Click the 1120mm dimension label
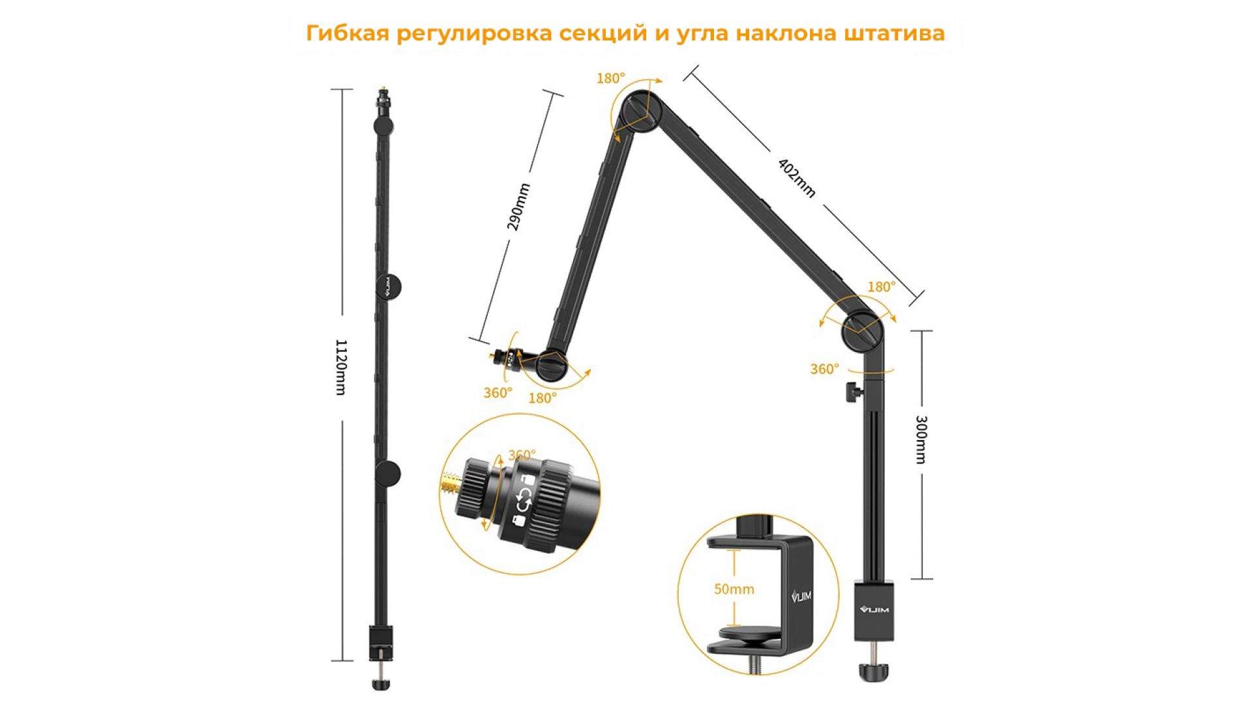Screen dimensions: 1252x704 [340, 367]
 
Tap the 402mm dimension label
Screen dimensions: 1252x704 [797, 177]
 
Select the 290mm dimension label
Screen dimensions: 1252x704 [518, 207]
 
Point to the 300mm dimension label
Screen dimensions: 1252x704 [921, 439]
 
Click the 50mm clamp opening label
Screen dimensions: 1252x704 [734, 589]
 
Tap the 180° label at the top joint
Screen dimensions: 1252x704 [610, 78]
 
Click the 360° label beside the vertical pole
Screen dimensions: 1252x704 [824, 370]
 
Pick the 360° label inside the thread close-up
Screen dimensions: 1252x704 [522, 455]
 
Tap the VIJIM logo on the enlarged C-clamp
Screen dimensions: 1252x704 [801, 594]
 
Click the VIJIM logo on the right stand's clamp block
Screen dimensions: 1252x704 [874, 610]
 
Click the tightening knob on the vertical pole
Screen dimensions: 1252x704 [854, 393]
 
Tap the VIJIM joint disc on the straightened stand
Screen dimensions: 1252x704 [388, 286]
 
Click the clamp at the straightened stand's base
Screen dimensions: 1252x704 [381, 642]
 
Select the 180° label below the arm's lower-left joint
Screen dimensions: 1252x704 [543, 398]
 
